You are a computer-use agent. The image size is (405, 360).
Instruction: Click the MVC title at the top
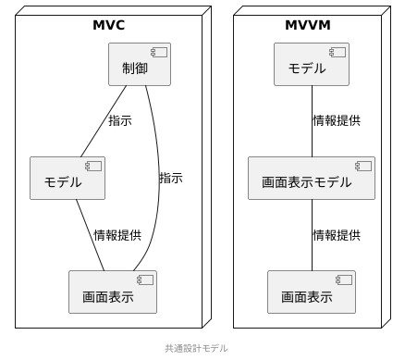pos(108,25)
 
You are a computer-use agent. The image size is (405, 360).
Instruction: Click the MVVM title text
pos(307,25)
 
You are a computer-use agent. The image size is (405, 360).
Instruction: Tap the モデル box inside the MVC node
pos(67,178)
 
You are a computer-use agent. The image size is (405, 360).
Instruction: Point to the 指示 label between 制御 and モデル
pos(120,120)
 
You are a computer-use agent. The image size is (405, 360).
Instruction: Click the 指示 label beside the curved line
pos(171,178)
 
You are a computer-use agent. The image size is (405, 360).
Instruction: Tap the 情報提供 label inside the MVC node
pos(117,235)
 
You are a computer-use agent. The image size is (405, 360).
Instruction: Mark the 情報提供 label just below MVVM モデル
pos(337,120)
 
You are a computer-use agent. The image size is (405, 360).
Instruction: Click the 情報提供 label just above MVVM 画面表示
pos(337,235)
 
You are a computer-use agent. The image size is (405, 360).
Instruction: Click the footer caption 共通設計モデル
pos(196,348)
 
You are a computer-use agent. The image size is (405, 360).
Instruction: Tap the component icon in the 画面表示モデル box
pos(362,166)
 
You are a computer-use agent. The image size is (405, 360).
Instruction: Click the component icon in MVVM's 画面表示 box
pos(343,280)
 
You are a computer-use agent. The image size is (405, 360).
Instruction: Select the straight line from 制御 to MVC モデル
pos(104,120)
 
